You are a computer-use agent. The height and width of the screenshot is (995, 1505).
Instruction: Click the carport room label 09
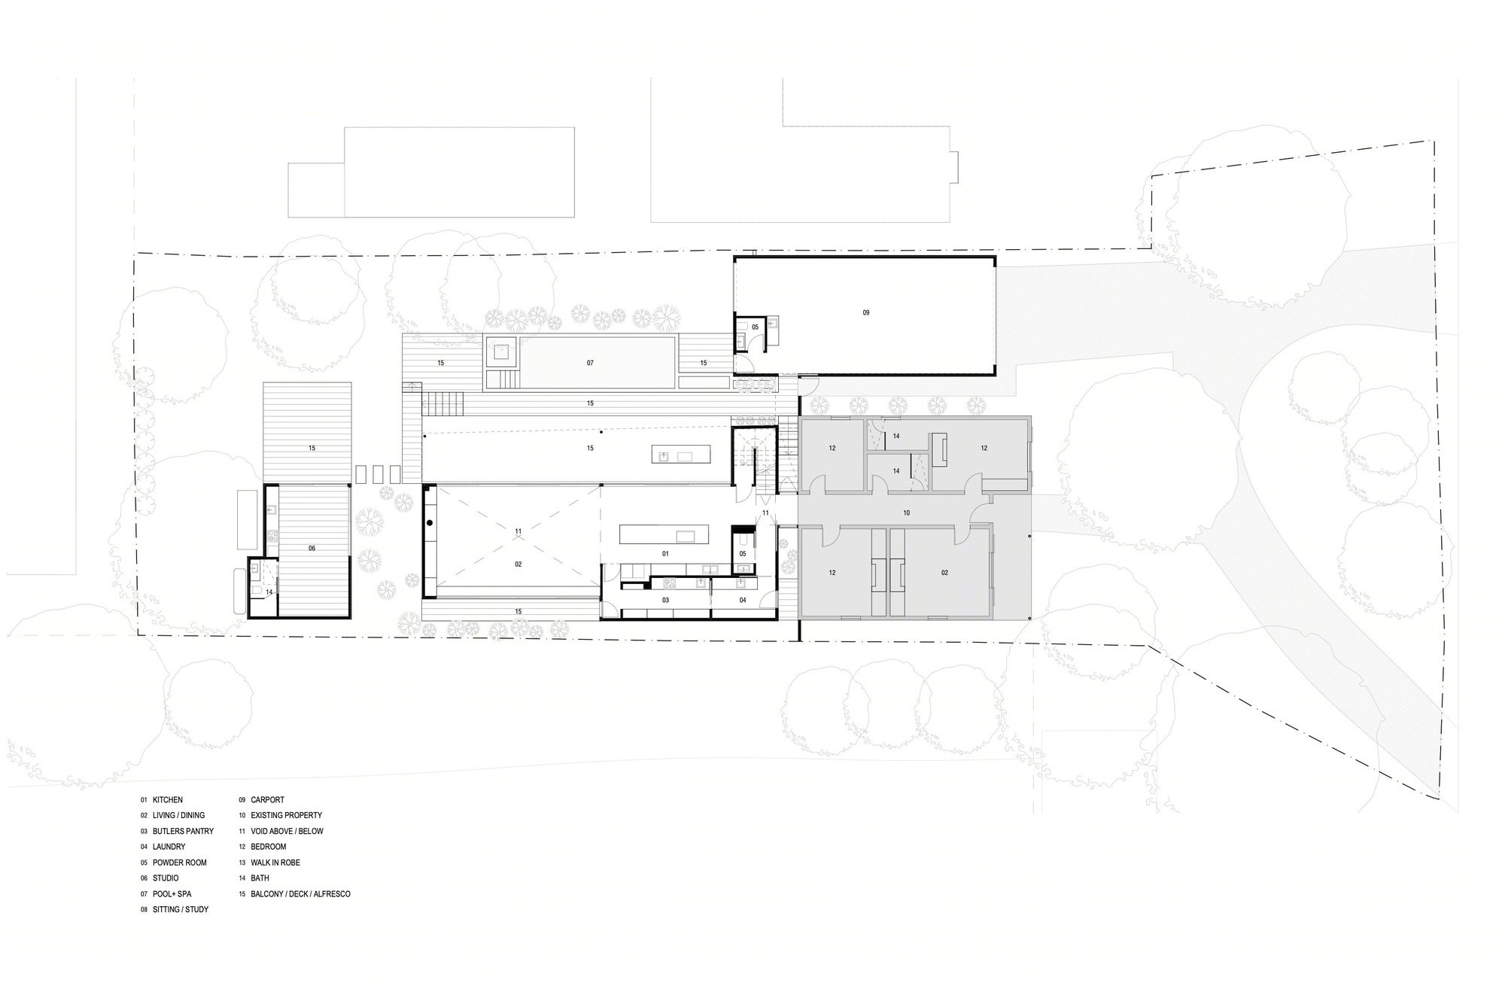point(866,312)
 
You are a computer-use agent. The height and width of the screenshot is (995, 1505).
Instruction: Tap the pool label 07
point(590,363)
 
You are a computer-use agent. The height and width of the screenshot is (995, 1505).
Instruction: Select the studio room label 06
point(312,549)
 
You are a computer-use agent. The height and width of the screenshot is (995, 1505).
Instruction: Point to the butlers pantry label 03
point(665,600)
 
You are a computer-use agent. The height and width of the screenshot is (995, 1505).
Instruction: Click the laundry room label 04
point(743,600)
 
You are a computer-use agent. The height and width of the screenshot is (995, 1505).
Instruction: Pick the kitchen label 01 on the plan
point(665,554)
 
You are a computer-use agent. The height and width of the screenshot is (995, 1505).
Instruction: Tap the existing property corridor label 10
point(907,513)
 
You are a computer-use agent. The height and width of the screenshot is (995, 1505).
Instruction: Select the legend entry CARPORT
point(268,800)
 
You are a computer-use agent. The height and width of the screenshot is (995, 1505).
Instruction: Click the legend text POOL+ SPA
point(172,894)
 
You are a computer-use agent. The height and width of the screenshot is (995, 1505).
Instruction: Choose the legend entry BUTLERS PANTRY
point(183,832)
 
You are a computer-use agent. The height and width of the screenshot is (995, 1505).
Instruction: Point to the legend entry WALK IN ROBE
point(275,863)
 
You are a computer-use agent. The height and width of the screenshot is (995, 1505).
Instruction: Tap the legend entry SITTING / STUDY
point(181,910)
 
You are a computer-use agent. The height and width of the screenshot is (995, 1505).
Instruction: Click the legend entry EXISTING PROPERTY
point(287,816)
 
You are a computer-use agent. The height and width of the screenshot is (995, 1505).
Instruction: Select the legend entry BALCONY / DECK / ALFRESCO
point(301,894)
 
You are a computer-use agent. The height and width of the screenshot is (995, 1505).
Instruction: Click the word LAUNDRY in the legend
point(169,847)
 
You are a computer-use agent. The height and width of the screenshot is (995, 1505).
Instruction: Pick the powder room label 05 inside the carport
point(755,327)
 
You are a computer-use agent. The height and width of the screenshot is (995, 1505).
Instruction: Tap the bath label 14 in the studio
point(269,592)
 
